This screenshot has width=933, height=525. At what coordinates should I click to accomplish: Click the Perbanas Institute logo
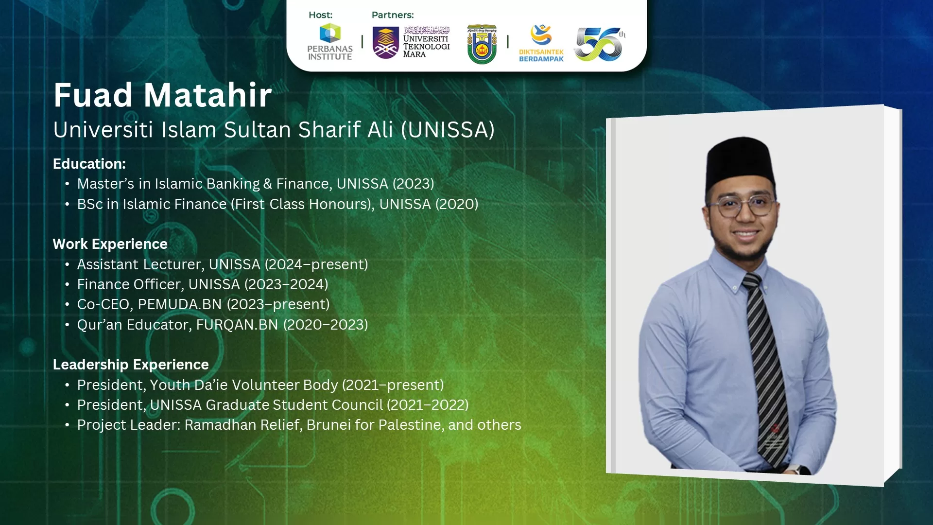click(330, 42)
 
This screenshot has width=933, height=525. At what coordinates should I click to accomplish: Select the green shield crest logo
click(482, 44)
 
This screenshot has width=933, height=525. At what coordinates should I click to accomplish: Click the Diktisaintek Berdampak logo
click(541, 43)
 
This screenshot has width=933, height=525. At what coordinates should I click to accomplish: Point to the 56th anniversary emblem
click(600, 44)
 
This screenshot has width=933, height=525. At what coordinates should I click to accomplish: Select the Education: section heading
click(89, 164)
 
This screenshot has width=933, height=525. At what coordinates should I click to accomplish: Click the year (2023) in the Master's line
click(413, 184)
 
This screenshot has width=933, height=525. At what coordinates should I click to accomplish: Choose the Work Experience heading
click(110, 244)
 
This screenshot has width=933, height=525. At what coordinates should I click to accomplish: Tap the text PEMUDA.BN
click(180, 304)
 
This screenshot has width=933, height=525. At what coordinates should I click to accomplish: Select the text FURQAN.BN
click(237, 325)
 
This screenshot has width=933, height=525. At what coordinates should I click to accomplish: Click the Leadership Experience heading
click(131, 365)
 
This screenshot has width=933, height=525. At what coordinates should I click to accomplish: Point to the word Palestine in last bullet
click(411, 425)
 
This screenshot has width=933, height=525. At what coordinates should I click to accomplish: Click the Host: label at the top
click(321, 15)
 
